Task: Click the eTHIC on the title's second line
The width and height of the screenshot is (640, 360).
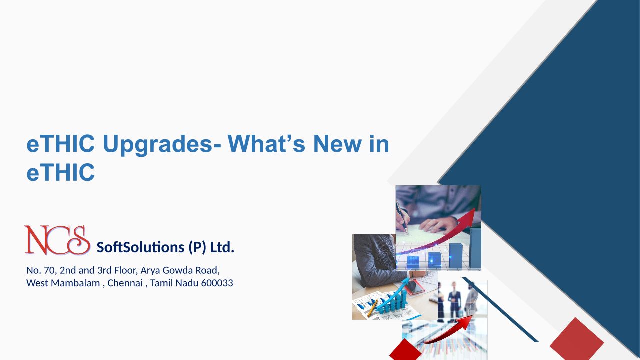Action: tap(60, 172)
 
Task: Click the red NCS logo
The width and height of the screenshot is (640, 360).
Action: tap(57, 240)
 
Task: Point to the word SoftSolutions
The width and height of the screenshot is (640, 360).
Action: tap(140, 247)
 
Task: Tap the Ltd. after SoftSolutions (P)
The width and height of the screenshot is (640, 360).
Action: tap(222, 247)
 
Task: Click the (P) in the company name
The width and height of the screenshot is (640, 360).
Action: tap(197, 247)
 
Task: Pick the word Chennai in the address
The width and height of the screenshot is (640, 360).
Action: tap(125, 283)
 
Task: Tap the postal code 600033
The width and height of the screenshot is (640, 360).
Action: tap(217, 283)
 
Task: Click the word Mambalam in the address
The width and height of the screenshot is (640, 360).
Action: tap(75, 283)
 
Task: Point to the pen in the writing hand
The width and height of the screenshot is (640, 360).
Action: tap(402, 217)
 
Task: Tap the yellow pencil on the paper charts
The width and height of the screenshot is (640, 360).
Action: tap(372, 308)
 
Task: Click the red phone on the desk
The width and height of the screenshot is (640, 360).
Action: tap(415, 287)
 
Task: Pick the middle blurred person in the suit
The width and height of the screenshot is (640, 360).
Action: tap(454, 300)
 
